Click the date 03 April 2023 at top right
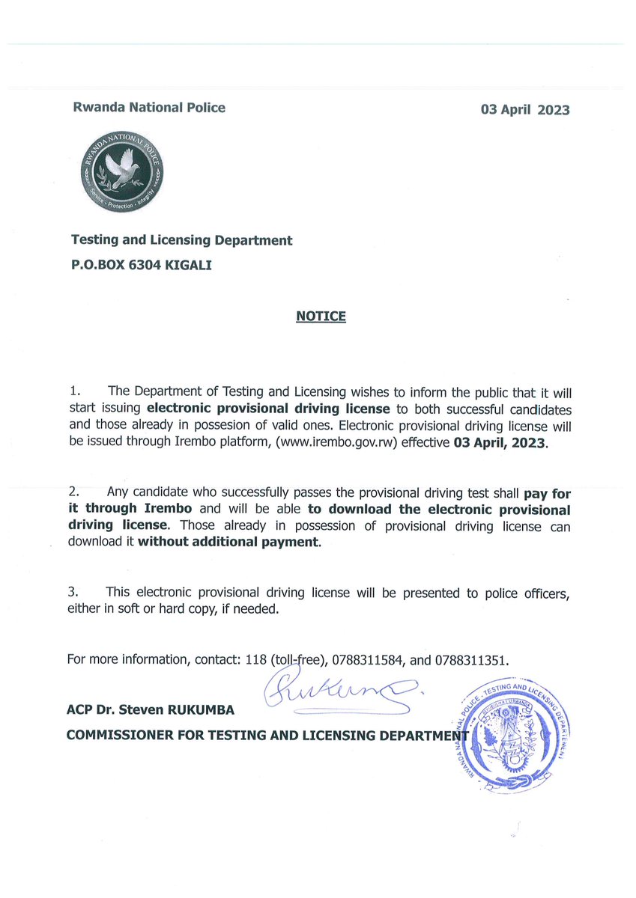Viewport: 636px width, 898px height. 524,110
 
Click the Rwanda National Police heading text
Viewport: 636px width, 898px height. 148,107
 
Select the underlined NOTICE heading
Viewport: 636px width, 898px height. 321,317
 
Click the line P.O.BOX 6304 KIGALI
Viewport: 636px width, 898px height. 141,265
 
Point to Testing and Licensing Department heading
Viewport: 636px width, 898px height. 181,240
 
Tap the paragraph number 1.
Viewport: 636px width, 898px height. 73,392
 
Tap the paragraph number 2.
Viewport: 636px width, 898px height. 73,492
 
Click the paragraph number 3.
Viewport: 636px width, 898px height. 73,593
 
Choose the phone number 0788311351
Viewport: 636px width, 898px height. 470,661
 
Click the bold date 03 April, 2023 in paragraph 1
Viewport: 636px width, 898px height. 501,443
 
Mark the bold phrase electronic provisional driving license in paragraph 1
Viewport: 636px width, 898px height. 268,409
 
